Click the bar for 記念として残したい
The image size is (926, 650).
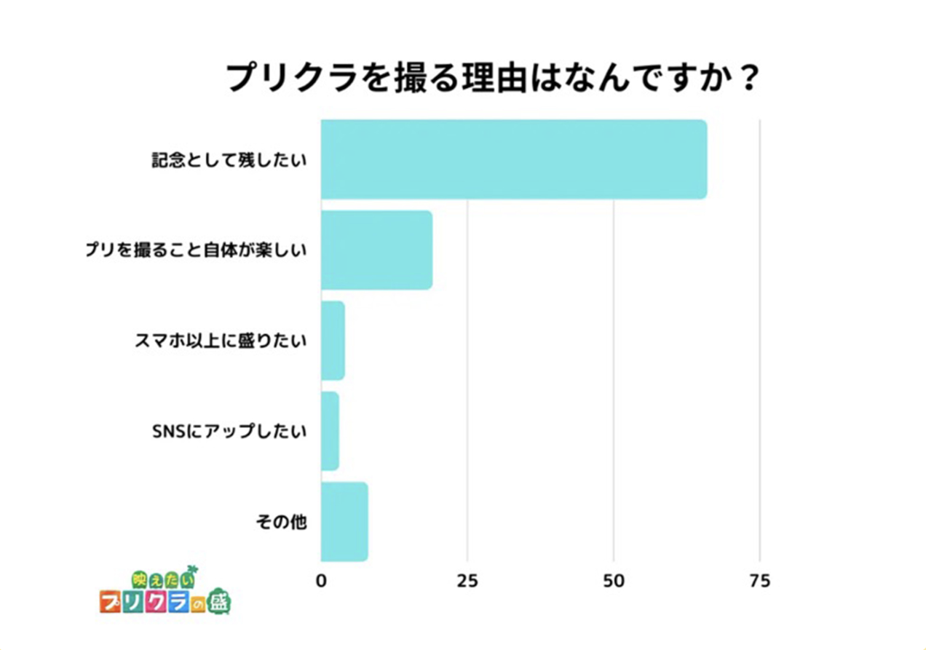[x=513, y=159]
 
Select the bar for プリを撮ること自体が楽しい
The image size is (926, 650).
[x=376, y=250]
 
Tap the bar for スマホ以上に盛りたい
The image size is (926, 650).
[x=333, y=341]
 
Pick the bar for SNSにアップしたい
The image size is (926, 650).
[x=330, y=431]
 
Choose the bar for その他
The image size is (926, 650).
[x=344, y=521]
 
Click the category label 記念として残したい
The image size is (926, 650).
[x=229, y=161]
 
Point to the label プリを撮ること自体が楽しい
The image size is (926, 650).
[x=196, y=251]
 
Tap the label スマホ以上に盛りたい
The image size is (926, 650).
[x=220, y=341]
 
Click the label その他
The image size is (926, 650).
[x=281, y=522]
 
